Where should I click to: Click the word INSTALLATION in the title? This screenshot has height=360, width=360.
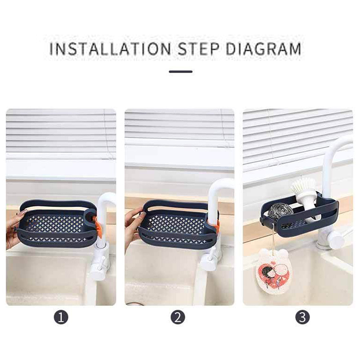tap(110, 49)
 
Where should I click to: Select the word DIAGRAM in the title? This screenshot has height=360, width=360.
tap(264, 49)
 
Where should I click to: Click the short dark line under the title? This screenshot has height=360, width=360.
tap(181, 72)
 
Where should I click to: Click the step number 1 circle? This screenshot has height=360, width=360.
tap(61, 318)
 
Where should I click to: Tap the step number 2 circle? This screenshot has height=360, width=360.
tap(178, 318)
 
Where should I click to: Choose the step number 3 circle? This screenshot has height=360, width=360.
tap(302, 318)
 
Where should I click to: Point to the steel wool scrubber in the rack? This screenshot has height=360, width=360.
tap(280, 210)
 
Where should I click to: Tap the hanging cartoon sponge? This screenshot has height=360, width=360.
tap(274, 271)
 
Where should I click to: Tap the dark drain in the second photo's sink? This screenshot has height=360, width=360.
tap(135, 303)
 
